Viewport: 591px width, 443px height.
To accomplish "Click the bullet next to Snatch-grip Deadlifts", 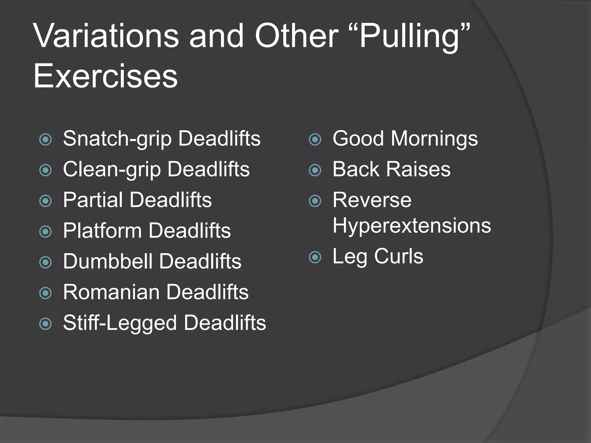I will point(45,140).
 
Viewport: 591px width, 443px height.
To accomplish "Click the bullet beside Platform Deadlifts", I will point(45,232).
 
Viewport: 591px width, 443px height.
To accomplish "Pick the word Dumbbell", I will point(107,261).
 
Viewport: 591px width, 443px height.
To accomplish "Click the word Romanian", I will point(111,292).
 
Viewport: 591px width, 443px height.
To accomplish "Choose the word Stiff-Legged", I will point(120,323).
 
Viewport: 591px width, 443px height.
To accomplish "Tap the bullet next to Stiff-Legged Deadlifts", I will point(45,324).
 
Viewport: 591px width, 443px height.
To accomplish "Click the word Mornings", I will point(434,139).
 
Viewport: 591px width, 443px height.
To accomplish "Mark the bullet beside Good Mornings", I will point(315,140).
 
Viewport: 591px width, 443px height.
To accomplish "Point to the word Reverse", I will point(372,200).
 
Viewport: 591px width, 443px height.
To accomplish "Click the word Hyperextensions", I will point(412,226).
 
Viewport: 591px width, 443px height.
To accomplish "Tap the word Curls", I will point(399,256).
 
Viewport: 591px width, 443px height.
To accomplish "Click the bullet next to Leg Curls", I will point(315,257).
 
